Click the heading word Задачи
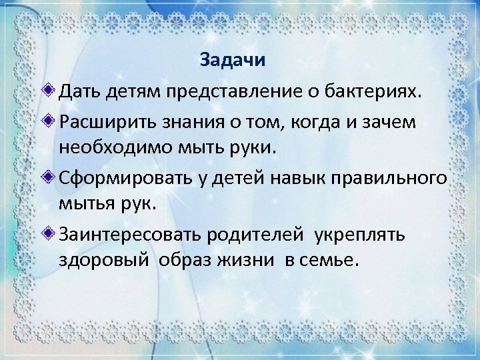(x=233, y=61)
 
